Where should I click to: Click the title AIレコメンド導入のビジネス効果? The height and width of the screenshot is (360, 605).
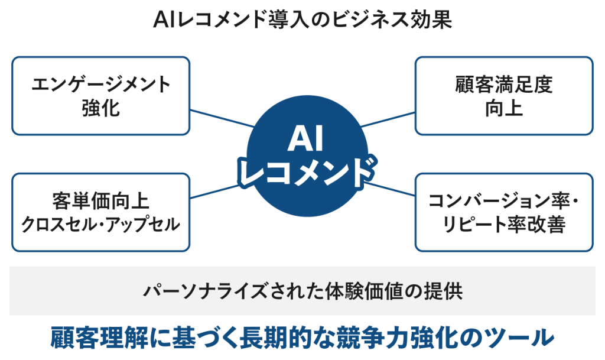(302, 20)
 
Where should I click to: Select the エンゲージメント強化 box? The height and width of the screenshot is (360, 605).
(100, 96)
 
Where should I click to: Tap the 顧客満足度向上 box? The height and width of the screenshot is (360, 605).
(504, 96)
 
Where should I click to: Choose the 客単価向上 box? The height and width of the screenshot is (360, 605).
(100, 213)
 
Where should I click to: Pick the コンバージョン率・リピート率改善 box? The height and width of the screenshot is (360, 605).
(504, 213)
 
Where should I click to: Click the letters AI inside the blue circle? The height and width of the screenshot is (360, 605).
(305, 139)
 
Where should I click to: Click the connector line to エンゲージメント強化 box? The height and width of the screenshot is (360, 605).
(222, 118)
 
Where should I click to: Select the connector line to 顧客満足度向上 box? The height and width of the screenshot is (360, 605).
(388, 119)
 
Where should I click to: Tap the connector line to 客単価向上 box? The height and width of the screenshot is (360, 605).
(214, 192)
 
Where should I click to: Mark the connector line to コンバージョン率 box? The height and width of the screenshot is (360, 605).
(390, 189)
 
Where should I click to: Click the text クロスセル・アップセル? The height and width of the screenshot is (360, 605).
(100, 225)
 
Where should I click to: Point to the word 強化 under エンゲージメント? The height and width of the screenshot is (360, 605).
(100, 108)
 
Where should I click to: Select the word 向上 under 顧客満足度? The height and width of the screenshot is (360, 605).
(504, 108)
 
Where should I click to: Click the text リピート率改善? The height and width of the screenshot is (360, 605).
(504, 225)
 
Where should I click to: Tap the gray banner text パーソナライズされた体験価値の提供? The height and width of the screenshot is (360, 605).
(303, 291)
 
